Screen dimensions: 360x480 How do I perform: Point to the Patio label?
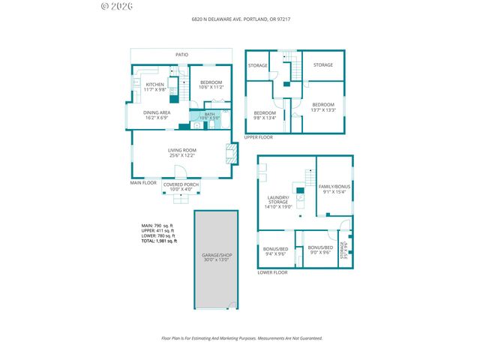181,55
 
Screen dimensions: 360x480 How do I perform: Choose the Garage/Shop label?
217,257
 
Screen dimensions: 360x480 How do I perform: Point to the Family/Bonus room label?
333,188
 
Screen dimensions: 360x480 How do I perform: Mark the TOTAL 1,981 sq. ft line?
159,241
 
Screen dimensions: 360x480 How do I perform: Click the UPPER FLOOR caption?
258,137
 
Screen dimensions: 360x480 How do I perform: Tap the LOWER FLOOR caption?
272,273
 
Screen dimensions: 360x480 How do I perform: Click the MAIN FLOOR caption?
142,182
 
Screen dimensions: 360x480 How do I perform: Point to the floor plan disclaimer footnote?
241,338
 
